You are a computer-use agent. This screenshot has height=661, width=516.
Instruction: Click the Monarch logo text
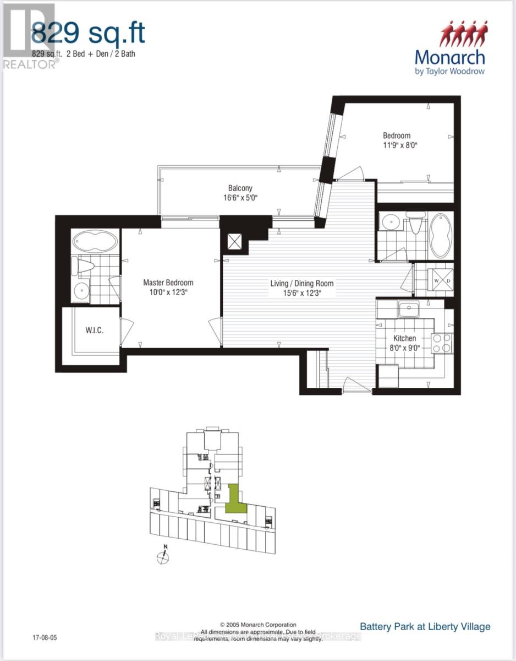point(449,57)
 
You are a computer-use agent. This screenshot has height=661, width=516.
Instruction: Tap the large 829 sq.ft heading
point(88,33)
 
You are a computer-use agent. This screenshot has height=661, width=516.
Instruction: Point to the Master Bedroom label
point(168,283)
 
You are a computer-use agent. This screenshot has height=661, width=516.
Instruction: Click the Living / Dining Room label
point(301,284)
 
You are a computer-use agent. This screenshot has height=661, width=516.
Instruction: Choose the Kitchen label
point(404,338)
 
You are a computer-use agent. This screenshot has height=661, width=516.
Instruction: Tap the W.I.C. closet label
point(95,330)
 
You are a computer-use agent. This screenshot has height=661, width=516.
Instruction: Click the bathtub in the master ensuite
point(95,241)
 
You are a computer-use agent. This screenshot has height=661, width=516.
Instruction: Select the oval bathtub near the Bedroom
point(440,236)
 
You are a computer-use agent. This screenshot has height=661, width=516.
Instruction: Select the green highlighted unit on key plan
point(235,497)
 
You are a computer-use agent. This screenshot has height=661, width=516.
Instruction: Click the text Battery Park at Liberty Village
point(425,626)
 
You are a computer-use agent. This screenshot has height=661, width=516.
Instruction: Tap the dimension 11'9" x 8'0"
point(397,145)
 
